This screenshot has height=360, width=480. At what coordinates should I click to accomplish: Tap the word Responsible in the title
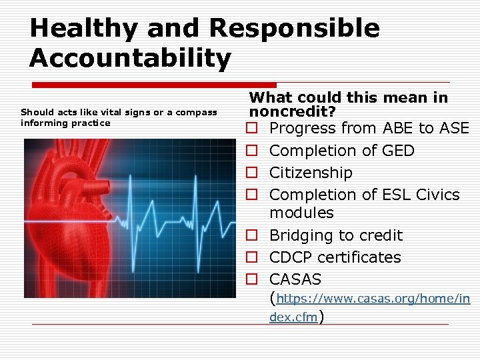294,29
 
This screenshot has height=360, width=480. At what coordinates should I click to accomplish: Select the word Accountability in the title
130,58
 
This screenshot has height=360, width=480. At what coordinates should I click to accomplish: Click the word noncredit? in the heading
290,111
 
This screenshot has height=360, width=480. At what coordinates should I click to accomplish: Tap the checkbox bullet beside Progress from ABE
252,128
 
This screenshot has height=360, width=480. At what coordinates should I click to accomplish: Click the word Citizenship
311,173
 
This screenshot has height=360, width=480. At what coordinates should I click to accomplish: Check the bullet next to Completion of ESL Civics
252,195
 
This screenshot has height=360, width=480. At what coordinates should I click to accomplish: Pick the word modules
301,213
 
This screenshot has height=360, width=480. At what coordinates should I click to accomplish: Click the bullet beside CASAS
252,279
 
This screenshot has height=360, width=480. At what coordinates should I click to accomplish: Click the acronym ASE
455,128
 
